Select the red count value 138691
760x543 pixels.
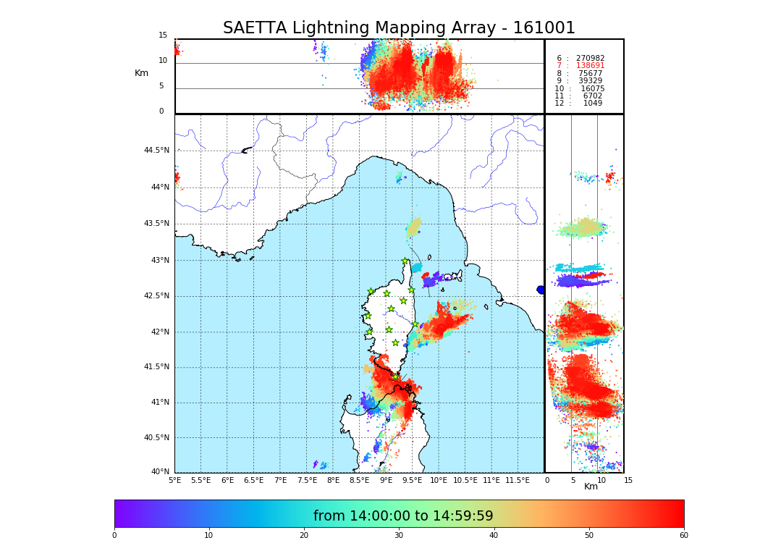pos(590,66)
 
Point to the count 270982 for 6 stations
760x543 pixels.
pos(590,59)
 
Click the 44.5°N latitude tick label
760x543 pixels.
pos(156,151)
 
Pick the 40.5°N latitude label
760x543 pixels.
pos(156,437)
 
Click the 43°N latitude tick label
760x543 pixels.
pos(159,260)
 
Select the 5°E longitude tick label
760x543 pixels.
pos(175,480)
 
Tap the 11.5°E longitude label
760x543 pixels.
pos(518,480)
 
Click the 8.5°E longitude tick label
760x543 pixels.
pos(359,480)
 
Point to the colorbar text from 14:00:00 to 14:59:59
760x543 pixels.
pos(403,516)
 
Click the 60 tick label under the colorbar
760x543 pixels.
pos(683,536)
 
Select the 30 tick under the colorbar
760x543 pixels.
pos(399,536)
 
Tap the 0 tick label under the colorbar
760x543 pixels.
pos(114,536)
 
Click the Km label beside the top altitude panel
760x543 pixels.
pos(141,73)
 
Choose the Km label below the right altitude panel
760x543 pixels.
pos(591,487)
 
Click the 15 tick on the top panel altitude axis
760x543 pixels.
pos(163,35)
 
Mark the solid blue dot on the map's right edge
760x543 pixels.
pos(541,290)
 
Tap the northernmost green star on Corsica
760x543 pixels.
pos(405,261)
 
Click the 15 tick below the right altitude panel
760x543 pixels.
pos(628,480)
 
